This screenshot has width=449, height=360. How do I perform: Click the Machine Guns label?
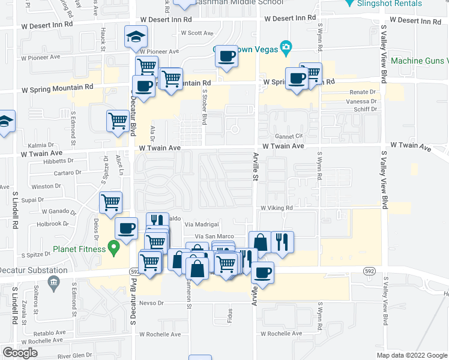[419, 61]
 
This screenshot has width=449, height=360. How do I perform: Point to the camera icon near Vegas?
[286, 47]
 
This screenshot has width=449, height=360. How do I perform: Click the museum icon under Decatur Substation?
[53, 281]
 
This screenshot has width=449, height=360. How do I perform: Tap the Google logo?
[20, 353]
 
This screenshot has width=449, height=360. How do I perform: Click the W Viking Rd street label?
[276, 208]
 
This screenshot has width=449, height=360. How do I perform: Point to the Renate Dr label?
[364, 92]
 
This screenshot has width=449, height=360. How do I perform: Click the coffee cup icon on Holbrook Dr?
[126, 228]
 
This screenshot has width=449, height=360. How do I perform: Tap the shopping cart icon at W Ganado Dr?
[111, 203]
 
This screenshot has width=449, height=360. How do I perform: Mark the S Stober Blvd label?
[205, 108]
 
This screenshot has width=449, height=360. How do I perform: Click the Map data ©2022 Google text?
[412, 355]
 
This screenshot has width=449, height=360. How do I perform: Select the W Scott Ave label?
[196, 33]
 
